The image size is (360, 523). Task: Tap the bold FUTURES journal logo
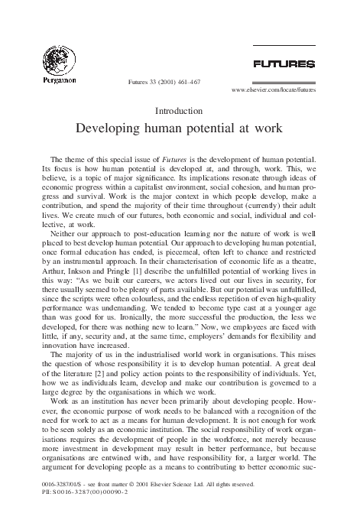(285, 63)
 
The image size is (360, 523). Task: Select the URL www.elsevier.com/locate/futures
(273, 89)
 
